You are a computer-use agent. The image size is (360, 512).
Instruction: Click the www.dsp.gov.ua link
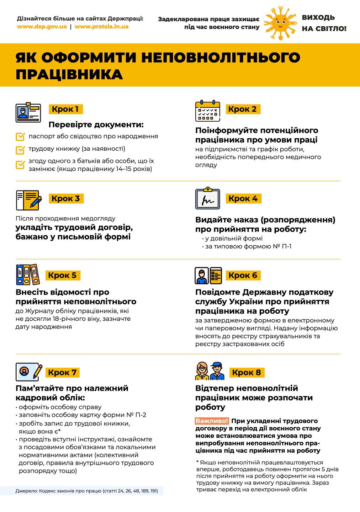(42, 27)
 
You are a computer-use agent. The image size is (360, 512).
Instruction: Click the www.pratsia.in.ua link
(101, 27)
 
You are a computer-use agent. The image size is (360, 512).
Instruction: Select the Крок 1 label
(65, 109)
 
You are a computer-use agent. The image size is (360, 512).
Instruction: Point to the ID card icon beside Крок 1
(28, 113)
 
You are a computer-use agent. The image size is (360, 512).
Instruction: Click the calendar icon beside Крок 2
(208, 111)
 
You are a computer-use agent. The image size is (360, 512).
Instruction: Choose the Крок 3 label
(65, 198)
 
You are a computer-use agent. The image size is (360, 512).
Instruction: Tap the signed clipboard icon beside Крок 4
(208, 199)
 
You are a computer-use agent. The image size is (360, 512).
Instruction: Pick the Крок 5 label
(62, 275)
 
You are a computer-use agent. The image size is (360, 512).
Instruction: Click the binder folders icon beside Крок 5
(28, 275)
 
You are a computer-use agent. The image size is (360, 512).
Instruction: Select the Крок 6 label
(243, 275)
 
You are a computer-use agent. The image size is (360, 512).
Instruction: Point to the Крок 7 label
(62, 373)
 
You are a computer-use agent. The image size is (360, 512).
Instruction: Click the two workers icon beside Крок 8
(210, 371)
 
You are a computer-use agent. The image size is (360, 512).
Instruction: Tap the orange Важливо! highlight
(212, 421)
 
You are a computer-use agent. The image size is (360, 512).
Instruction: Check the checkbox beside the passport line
(20, 137)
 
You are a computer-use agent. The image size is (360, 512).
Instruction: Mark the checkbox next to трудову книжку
(20, 150)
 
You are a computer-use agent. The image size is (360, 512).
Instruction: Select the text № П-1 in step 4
(282, 246)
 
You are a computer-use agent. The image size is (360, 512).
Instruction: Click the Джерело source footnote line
(86, 491)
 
